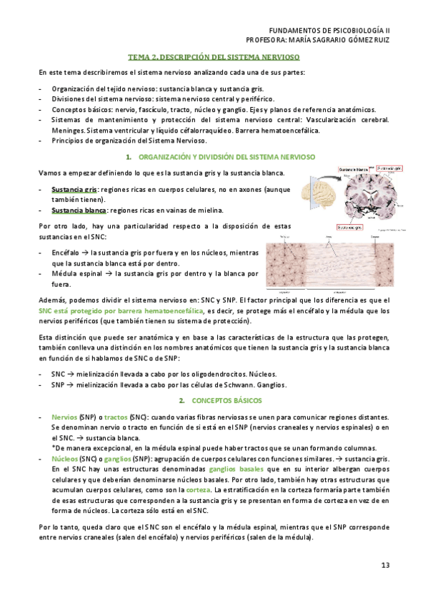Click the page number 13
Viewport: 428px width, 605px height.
[384, 566]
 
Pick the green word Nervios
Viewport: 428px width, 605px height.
[64, 417]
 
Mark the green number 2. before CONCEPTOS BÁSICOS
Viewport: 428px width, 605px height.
[182, 401]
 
